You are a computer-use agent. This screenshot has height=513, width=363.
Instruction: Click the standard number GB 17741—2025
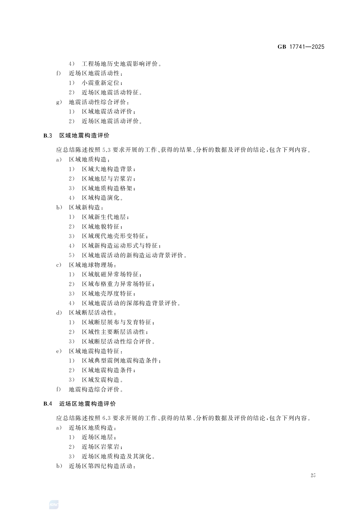coord(301,47)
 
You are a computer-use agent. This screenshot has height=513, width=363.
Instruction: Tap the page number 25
coord(313,475)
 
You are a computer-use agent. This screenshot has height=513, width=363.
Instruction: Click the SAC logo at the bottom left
coord(54,505)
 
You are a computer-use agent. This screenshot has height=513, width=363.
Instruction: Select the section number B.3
coord(48,136)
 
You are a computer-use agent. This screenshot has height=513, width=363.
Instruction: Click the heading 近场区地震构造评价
coord(87,404)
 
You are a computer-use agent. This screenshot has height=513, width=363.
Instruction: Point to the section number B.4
coord(48,404)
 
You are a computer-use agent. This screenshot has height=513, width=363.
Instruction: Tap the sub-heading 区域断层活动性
coord(91,313)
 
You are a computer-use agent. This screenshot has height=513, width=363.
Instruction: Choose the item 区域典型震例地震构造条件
coord(120,360)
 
